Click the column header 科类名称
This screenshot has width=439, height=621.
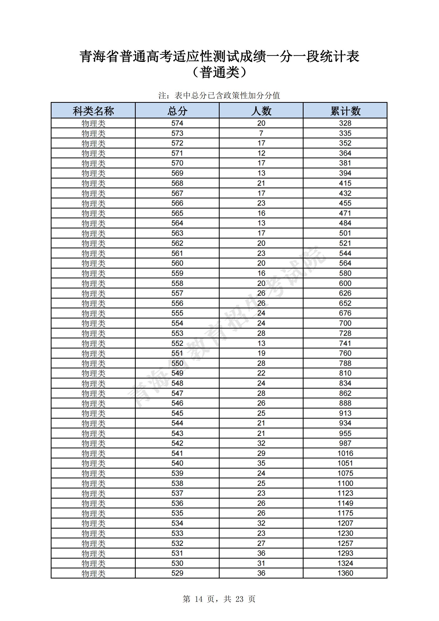click(93, 111)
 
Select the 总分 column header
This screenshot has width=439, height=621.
click(177, 111)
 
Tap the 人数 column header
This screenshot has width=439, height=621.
click(261, 111)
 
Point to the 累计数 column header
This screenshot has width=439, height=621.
click(345, 111)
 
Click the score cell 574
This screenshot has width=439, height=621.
click(177, 123)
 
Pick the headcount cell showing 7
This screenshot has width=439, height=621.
click(261, 133)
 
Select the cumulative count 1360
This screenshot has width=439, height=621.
click(345, 573)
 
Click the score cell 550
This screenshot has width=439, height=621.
click(177, 363)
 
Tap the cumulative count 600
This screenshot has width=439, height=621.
click(345, 283)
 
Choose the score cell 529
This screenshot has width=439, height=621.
click(177, 573)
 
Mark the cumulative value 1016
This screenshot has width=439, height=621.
click(345, 453)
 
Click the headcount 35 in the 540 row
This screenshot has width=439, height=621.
click(261, 463)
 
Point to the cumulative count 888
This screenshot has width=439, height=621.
click(345, 403)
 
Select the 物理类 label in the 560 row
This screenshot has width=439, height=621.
click(93, 263)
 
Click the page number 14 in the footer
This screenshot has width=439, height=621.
click(198, 599)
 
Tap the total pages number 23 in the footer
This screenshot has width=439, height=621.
click(239, 599)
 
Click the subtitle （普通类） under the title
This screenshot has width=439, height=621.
click(219, 73)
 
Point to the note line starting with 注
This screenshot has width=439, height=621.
click(219, 95)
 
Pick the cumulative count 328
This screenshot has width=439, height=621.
click(345, 123)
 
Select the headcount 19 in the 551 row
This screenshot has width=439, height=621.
click(261, 353)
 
